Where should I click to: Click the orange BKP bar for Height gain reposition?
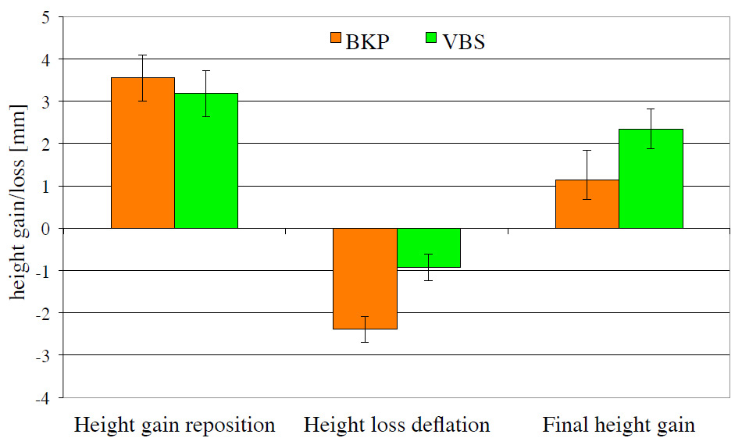click(143, 153)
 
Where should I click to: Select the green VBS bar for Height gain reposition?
click(206, 161)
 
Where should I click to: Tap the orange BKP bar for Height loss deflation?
click(365, 279)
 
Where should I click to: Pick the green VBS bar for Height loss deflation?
click(428, 248)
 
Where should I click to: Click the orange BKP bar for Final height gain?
click(587, 204)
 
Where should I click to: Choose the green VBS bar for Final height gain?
click(651, 179)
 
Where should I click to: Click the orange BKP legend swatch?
click(337, 38)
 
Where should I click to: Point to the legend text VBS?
click(463, 41)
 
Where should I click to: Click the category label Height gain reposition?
click(174, 425)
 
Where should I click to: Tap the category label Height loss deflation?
click(396, 425)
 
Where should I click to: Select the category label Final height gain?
click(619, 425)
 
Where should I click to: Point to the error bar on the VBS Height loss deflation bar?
click(428, 266)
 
